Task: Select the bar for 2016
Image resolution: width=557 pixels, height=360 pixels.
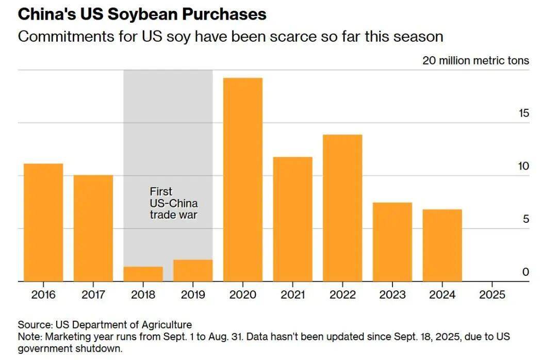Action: point(43,222)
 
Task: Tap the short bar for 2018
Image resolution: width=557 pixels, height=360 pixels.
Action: point(143,274)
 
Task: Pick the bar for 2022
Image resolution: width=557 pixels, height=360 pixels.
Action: point(342,208)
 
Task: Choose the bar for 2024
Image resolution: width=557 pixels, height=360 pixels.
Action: point(442,246)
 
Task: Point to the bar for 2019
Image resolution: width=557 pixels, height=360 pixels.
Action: point(193,271)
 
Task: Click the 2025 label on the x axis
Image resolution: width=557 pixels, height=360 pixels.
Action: point(492,295)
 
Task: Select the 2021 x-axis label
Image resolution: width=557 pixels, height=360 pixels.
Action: point(292,295)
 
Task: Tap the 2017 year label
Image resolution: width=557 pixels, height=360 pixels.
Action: point(93,295)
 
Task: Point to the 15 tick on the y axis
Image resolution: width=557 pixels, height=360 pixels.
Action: point(524,113)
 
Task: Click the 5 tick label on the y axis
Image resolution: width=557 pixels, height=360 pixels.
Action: point(526,219)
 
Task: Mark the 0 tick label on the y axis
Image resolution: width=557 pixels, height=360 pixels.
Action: point(526,272)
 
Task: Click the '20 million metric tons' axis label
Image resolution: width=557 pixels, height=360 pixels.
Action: point(476,60)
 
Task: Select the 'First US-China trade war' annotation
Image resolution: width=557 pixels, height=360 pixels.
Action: point(174,203)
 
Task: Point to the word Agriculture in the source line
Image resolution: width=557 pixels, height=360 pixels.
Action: point(166,325)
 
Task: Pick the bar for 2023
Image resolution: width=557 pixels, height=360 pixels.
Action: point(392,242)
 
